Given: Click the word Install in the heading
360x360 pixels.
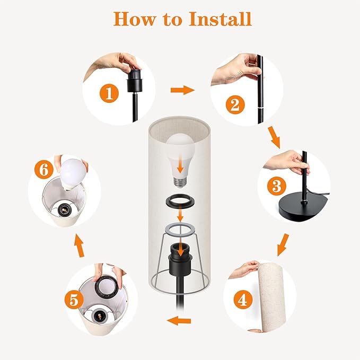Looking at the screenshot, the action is point(220,19).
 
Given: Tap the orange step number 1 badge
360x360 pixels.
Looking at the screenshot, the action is point(109,93).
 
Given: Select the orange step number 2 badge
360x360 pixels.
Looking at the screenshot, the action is point(235,104).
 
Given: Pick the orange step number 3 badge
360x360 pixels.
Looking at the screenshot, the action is point(277,186).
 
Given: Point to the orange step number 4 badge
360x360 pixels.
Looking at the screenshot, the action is point(243,300).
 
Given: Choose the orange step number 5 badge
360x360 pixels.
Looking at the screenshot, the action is point(74,300).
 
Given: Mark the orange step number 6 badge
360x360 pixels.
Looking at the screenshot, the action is point(44,170).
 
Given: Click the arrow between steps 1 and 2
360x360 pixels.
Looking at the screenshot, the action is point(182,90).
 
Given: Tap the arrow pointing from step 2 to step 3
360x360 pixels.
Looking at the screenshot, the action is point(274,137).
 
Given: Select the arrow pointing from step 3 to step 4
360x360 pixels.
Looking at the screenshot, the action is point(283,245).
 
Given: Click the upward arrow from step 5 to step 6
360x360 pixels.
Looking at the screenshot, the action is point(80,245).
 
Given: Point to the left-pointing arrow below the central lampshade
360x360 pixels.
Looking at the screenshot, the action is point(179,321).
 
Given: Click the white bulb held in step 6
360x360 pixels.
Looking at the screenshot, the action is point(72,174).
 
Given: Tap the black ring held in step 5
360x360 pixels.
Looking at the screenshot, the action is point(108,286).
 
